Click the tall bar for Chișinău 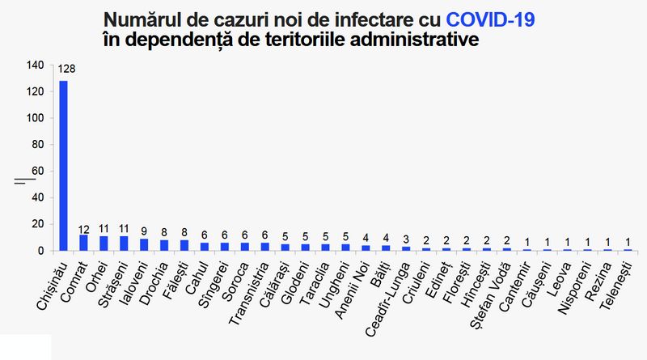[64, 166]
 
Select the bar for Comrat [84, 243]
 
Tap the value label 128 [66, 69]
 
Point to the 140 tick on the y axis [35, 66]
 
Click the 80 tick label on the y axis [37, 145]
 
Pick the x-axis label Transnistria [249, 293]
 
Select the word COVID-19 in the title [490, 19]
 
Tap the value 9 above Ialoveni [144, 231]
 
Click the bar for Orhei [104, 244]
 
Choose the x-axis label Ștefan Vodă [490, 295]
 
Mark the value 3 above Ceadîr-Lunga [406, 239]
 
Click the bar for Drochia [164, 245]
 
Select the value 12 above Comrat [84, 230]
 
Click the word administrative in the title [414, 40]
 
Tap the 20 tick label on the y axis [37, 224]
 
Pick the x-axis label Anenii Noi [352, 290]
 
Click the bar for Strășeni [124, 244]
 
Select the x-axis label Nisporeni [574, 288]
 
